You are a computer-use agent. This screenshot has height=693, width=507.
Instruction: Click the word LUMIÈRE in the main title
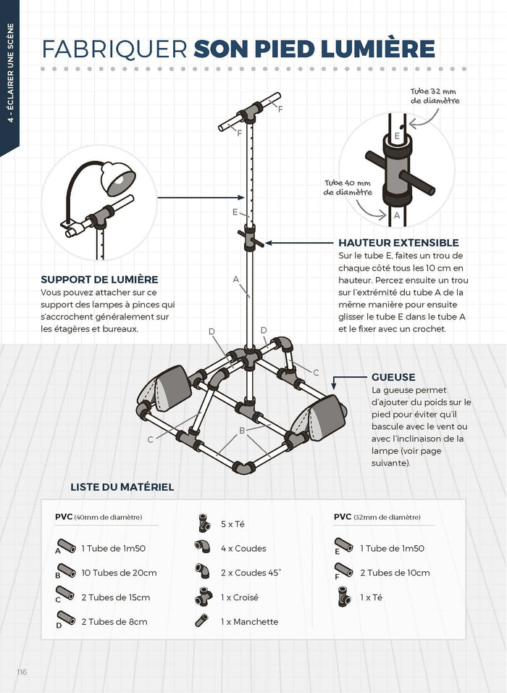click(378, 49)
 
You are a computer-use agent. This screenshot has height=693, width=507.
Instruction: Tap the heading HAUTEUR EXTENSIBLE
click(398, 243)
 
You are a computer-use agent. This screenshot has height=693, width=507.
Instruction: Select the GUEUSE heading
click(393, 377)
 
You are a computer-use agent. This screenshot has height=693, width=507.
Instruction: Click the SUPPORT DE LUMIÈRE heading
click(99, 279)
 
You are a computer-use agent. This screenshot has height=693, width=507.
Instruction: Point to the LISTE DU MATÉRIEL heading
click(122, 486)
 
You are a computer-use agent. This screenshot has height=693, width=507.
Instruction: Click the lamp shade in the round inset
click(117, 178)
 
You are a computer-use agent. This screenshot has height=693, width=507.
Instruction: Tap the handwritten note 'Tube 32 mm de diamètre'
click(435, 96)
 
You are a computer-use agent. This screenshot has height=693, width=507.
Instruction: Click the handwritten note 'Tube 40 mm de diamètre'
click(348, 188)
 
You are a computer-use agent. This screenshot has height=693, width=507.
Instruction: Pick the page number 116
click(22, 672)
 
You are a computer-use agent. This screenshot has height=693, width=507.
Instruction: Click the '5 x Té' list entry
click(232, 523)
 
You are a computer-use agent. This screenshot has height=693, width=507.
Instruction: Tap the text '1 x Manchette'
click(250, 621)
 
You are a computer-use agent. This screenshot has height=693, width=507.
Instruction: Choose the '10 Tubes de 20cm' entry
click(119, 573)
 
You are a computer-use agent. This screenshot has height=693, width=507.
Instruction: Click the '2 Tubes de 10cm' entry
click(395, 573)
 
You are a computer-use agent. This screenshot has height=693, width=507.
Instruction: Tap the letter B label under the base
click(242, 430)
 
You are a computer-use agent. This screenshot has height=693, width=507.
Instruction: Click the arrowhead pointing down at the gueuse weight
click(335, 386)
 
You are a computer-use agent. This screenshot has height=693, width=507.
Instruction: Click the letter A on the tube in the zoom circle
click(397, 215)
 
